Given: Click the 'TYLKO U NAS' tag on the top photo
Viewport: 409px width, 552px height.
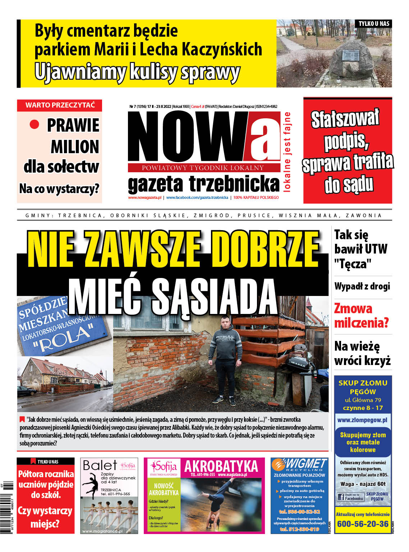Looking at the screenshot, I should point(374,24).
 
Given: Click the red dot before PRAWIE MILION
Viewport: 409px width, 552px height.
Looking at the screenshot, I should point(34,124).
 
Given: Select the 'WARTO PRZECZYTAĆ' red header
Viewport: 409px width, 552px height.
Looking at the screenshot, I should point(60,105).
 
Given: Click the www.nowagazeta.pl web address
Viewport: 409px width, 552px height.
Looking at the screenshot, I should point(145,197).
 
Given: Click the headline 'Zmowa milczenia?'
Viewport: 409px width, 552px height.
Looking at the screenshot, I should point(361,315).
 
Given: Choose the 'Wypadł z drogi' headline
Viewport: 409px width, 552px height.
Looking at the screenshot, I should point(362,286).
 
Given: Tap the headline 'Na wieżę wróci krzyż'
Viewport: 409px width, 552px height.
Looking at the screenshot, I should point(362,353).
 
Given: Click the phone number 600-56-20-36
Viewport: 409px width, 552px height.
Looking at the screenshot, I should point(363,524).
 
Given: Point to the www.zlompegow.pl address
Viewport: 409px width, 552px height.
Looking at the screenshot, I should point(362,420).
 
